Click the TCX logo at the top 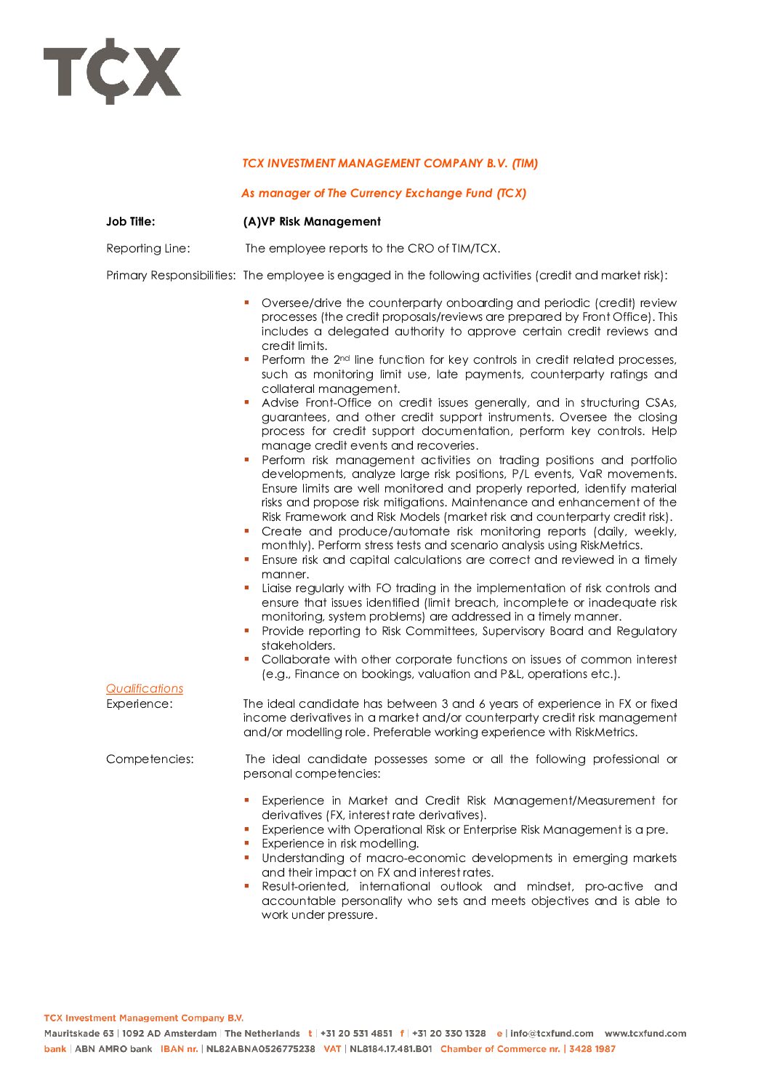[112, 71]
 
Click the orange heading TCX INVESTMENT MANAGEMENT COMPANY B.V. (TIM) [390, 164]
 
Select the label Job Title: [131, 222]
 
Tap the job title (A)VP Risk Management [312, 222]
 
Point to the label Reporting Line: [148, 249]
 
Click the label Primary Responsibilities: [171, 276]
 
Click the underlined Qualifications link [145, 688]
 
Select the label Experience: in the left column [140, 704]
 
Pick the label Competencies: [150, 759]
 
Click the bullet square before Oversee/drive [247, 301]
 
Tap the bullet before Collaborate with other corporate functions [247, 658]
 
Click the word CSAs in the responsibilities [661, 403]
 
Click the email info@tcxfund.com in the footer [552, 1034]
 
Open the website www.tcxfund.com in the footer [645, 1034]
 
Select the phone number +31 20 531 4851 [356, 1034]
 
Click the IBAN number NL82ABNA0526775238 [261, 1049]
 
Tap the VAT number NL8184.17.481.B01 [391, 1049]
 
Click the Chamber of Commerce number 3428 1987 [592, 1049]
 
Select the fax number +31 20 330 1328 [448, 1034]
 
